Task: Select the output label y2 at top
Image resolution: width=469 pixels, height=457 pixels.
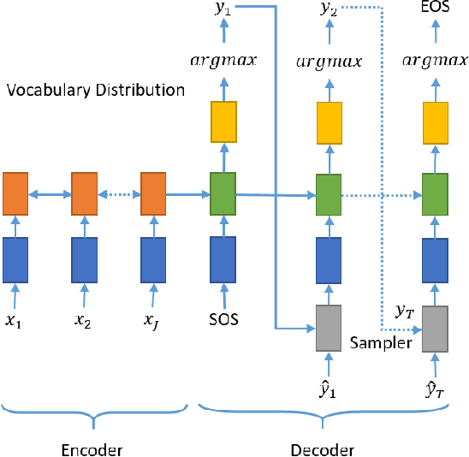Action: [x=329, y=9]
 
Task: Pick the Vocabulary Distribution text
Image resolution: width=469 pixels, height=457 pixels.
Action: [x=95, y=90]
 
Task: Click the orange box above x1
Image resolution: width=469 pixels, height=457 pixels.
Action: [x=15, y=193]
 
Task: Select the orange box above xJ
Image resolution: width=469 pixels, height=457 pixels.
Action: [x=153, y=193]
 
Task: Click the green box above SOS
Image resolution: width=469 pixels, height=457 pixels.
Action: [x=223, y=193]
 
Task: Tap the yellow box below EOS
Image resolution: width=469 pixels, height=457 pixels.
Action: [x=436, y=122]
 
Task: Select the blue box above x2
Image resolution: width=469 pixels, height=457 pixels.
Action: [x=84, y=260]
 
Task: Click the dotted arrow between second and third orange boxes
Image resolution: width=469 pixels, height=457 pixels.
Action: [x=119, y=194]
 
